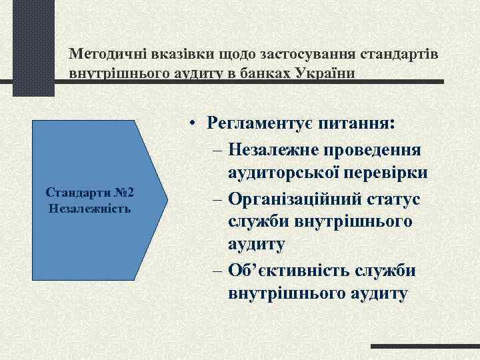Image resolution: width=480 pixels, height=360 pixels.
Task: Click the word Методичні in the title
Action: point(104,53)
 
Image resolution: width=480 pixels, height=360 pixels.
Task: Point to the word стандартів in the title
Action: point(399,53)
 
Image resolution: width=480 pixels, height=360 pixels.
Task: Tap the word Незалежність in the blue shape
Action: point(90,208)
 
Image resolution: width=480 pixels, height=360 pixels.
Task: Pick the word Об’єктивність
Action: point(287,269)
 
